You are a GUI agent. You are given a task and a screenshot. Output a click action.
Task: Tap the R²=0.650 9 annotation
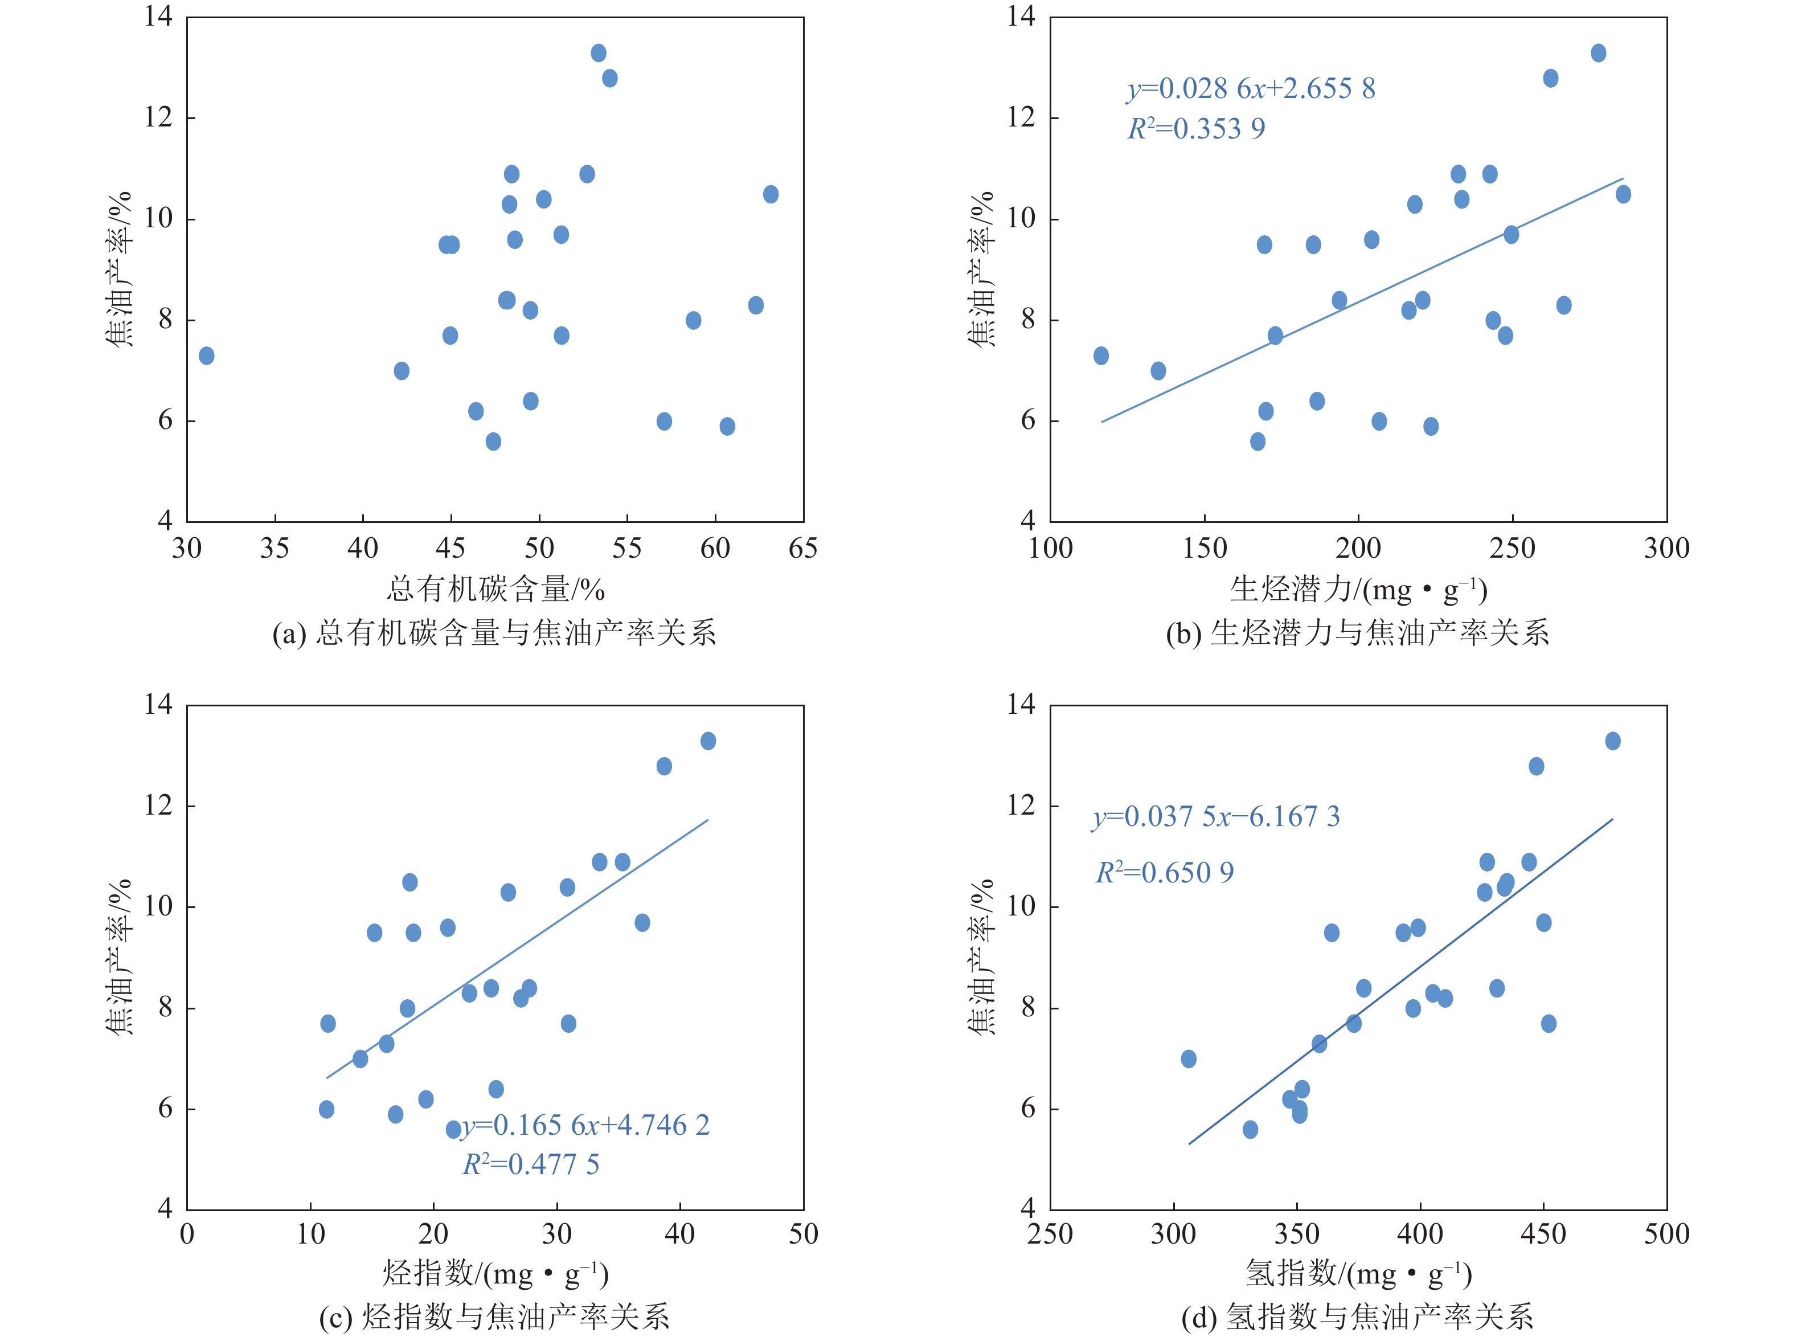(1165, 873)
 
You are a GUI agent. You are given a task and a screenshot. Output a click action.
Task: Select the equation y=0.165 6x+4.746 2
(585, 1125)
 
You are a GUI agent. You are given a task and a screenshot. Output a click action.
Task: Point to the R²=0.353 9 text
(1196, 129)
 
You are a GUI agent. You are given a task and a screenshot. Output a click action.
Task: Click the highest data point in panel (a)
(598, 54)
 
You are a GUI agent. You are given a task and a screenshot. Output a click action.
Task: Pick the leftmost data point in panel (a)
(206, 356)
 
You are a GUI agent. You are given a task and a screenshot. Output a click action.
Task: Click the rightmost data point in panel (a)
(771, 194)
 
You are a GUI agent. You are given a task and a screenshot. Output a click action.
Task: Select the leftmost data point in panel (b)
(1100, 356)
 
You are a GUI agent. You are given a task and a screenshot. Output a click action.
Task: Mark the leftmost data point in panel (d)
(1189, 1060)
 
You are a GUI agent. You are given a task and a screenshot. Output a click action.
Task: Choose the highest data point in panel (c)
(708, 741)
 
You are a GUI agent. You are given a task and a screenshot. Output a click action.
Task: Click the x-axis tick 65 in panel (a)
(802, 549)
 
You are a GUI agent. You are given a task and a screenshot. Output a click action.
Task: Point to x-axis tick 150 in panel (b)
(1204, 549)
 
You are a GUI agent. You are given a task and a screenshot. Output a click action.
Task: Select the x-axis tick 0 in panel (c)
(187, 1234)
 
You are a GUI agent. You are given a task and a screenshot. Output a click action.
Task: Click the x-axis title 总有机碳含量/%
(495, 589)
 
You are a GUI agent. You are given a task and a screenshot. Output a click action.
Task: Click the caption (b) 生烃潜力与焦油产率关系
(1357, 633)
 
